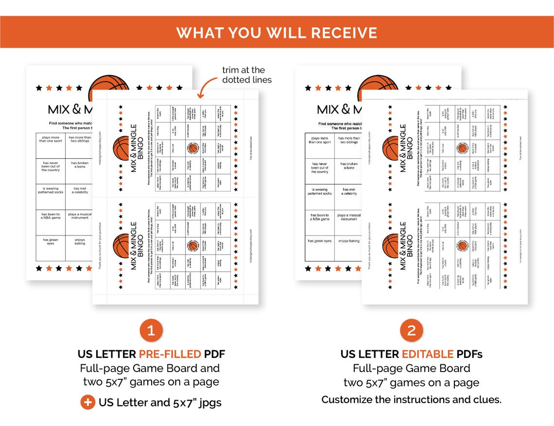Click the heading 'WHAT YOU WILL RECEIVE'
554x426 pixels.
pyautogui.click(x=277, y=32)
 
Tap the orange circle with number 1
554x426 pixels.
pyautogui.click(x=151, y=331)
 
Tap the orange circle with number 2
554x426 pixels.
pyautogui.click(x=411, y=331)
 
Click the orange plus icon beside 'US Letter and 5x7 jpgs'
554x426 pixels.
pyautogui.click(x=87, y=402)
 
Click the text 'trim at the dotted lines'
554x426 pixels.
pyautogui.click(x=247, y=75)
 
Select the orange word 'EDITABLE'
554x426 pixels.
pyautogui.click(x=427, y=354)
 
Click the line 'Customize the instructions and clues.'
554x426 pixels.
pyautogui.click(x=411, y=400)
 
